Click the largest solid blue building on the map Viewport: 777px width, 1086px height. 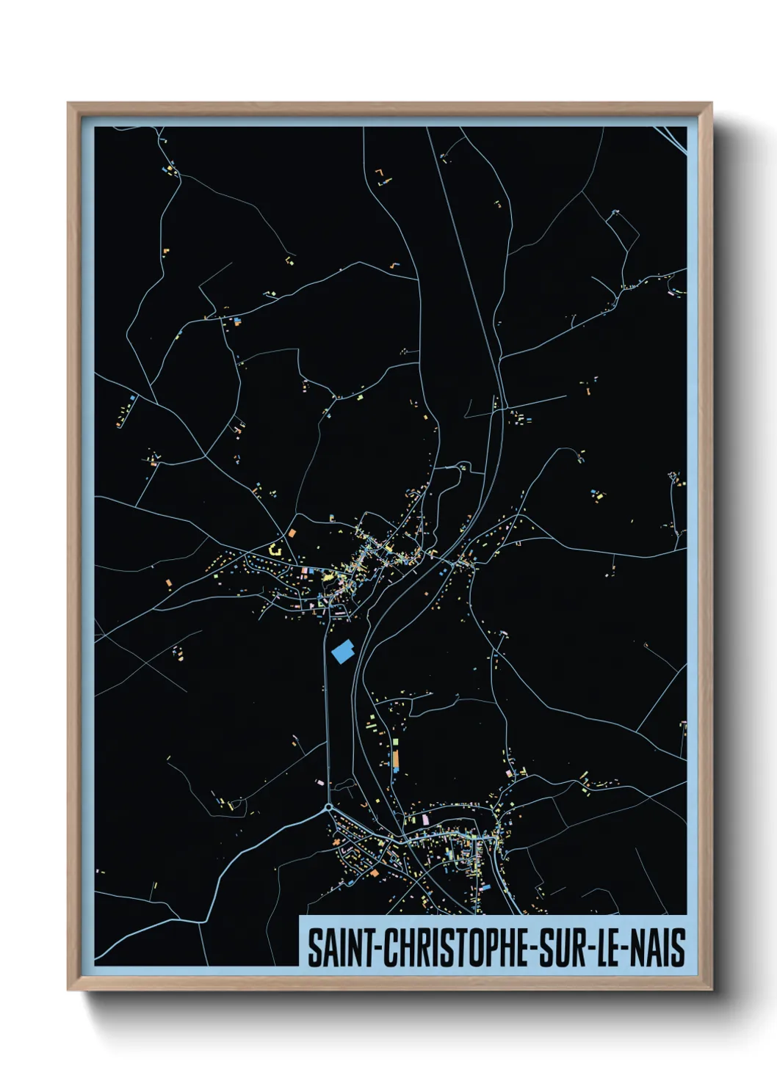(343, 651)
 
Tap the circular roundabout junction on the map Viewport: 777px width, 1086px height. (328, 809)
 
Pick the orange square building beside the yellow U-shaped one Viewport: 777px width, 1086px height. (292, 533)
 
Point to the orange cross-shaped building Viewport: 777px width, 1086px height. (375, 872)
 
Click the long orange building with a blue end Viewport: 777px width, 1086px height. (396, 759)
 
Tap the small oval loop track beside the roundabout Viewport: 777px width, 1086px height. (344, 785)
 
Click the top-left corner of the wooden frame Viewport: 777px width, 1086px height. (69, 104)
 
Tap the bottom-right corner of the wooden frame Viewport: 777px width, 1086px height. (711, 989)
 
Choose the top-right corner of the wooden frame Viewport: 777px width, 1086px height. (711, 104)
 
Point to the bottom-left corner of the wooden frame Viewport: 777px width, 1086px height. (69, 989)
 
